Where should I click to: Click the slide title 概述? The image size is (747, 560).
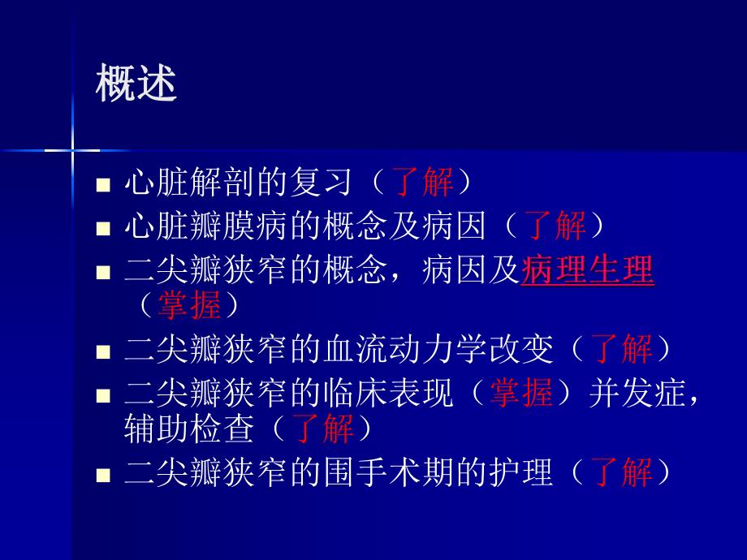click(x=136, y=84)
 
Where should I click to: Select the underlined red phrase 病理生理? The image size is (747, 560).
click(x=587, y=270)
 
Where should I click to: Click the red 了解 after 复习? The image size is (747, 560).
click(x=422, y=183)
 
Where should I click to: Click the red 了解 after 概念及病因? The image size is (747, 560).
click(x=555, y=226)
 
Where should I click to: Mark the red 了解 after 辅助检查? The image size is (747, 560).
click(x=322, y=428)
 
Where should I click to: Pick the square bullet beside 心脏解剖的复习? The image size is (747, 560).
click(x=103, y=186)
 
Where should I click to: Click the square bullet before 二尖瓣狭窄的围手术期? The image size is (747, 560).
click(x=103, y=474)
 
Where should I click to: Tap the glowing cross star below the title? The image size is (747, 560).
click(x=72, y=150)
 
